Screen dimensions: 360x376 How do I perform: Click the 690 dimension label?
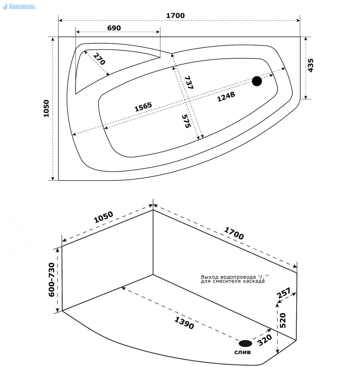pyautogui.click(x=114, y=28)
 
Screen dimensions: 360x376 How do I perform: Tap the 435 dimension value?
pyautogui.click(x=311, y=65)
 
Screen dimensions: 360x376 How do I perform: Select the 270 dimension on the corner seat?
pyautogui.click(x=99, y=59)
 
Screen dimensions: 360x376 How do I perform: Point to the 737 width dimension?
pyautogui.click(x=189, y=82)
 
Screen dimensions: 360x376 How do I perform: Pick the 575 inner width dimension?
pyautogui.click(x=186, y=121)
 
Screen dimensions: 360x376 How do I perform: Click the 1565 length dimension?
pyautogui.click(x=143, y=107)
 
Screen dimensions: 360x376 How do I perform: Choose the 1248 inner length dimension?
pyautogui.click(x=226, y=97)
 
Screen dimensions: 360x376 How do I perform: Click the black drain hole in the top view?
pyautogui.click(x=257, y=81)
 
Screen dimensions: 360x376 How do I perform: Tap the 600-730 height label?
pyautogui.click(x=52, y=280)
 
